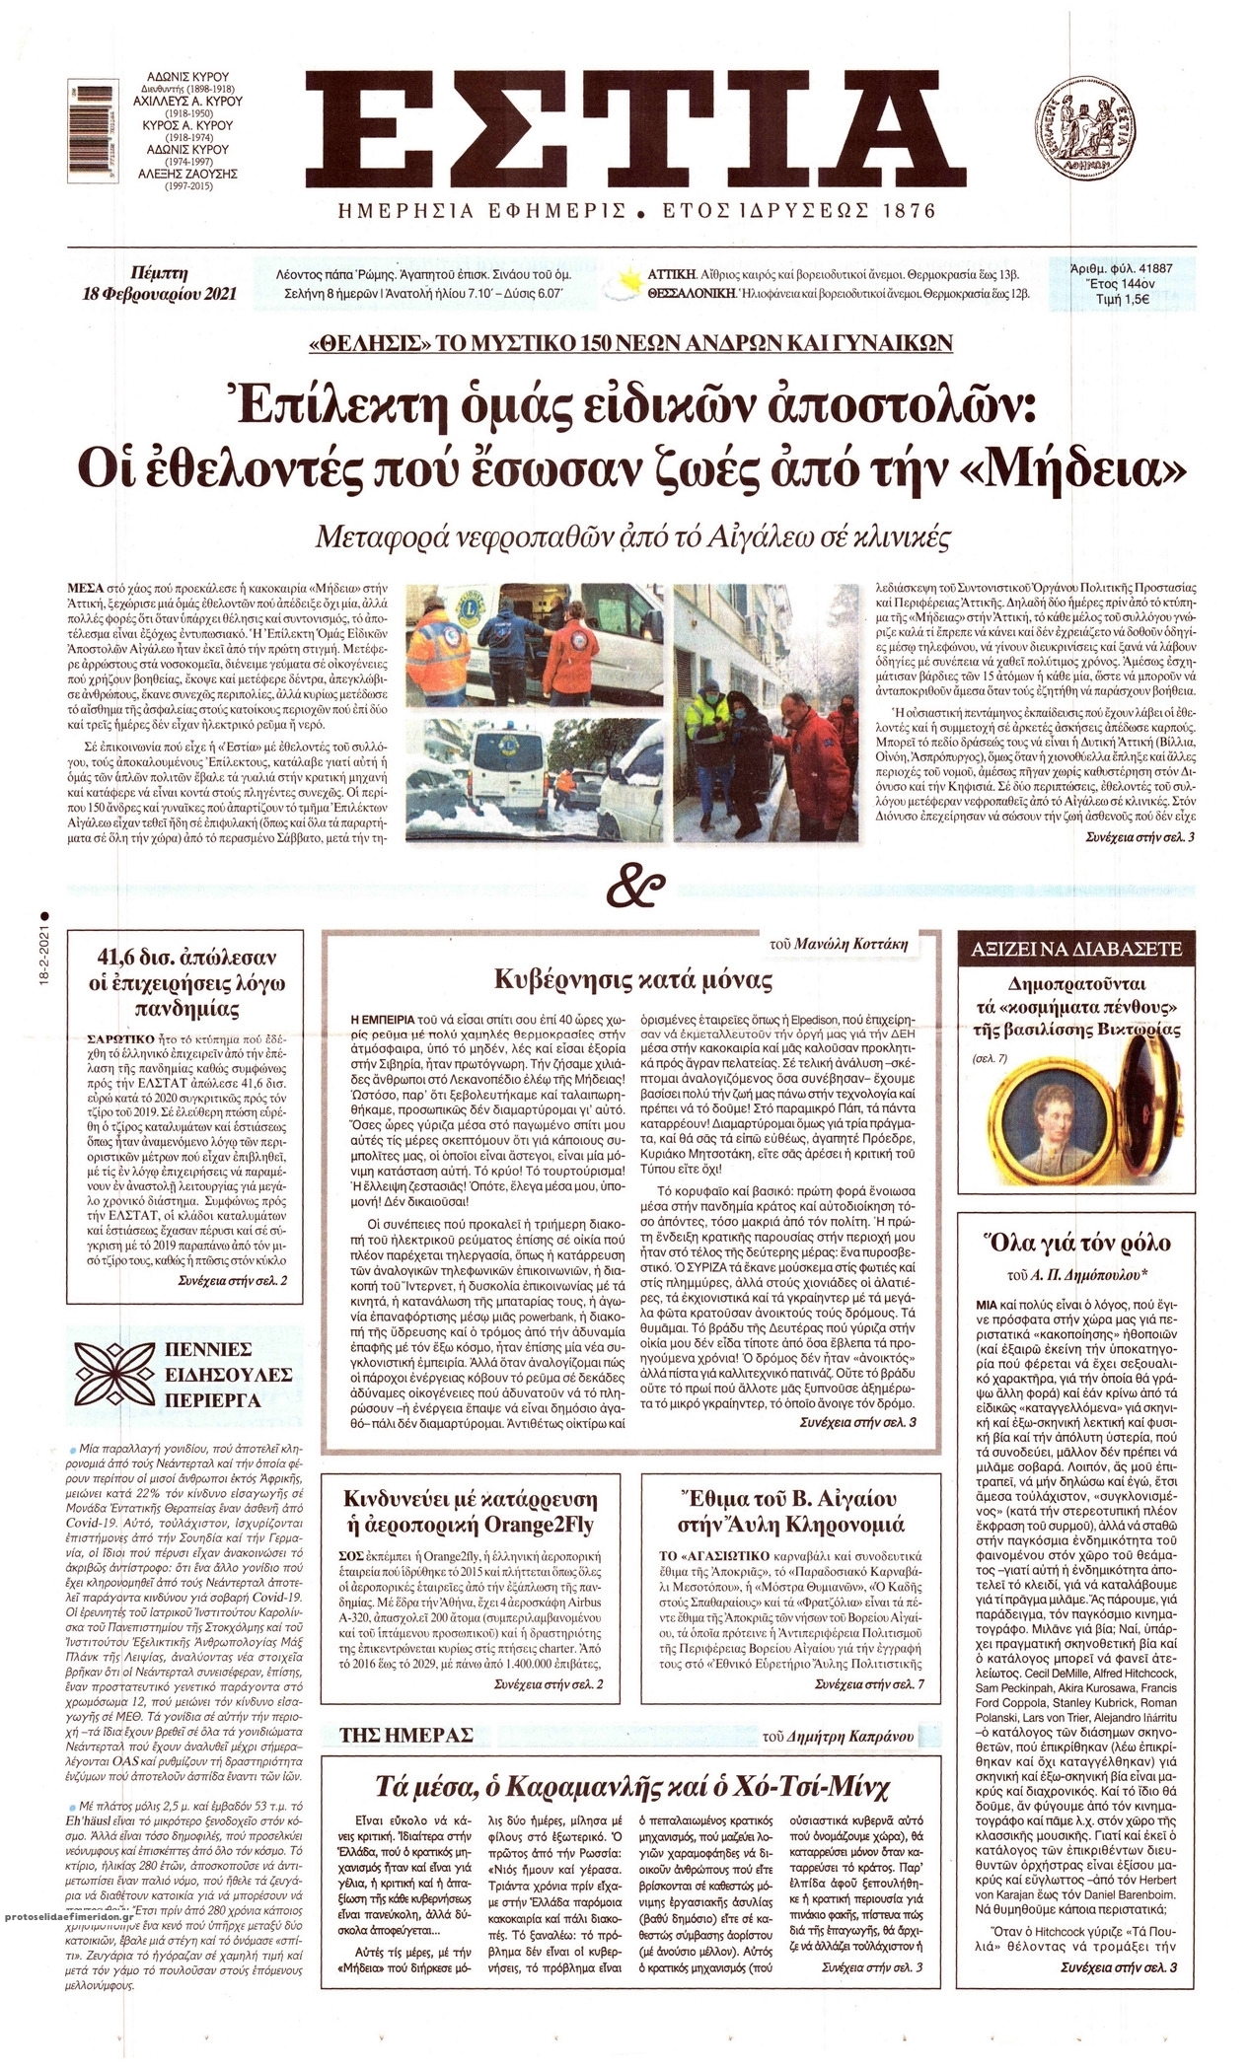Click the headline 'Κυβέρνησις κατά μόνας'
click(x=632, y=980)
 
